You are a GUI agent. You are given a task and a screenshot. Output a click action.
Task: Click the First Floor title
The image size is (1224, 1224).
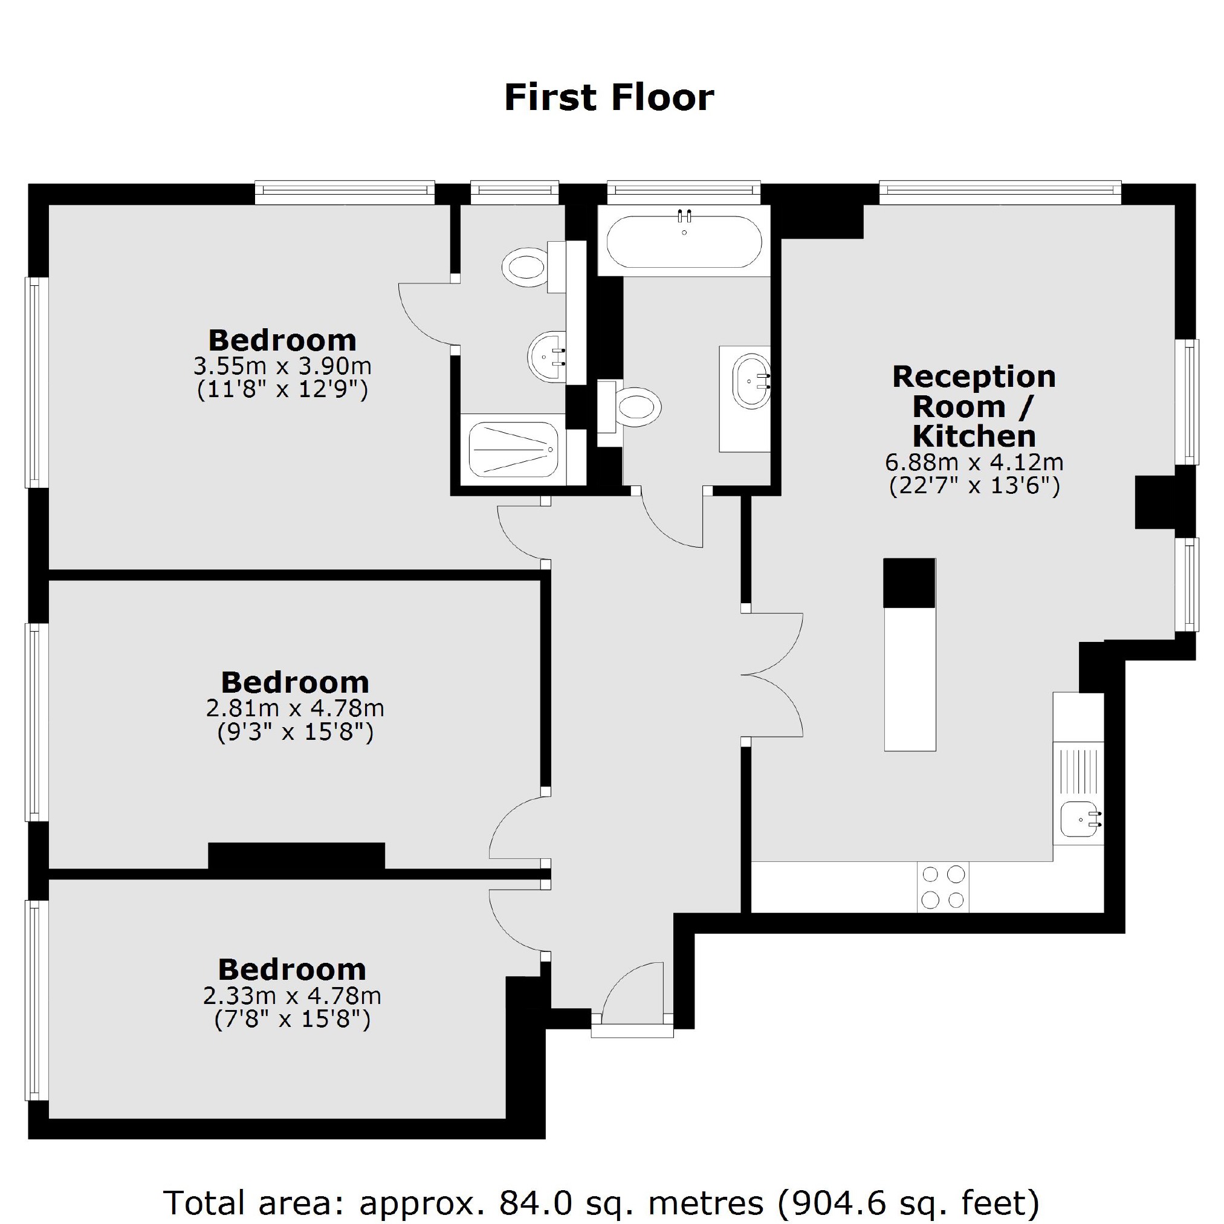[x=609, y=98]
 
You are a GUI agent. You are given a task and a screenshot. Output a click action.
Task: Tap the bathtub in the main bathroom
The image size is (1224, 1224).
[x=684, y=241]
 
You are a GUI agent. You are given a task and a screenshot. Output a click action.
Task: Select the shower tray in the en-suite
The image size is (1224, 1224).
[x=513, y=449]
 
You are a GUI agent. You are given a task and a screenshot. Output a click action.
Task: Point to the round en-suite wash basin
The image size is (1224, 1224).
[x=547, y=357]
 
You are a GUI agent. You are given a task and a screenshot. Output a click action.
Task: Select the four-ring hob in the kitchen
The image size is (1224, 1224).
[x=943, y=887]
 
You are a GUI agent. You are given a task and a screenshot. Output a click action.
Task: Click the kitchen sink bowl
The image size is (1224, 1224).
[x=1080, y=818]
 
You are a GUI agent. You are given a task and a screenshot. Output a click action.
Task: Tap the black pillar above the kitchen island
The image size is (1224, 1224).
[x=909, y=583]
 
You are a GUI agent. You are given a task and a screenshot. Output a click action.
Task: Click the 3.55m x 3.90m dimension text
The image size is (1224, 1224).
[x=282, y=366]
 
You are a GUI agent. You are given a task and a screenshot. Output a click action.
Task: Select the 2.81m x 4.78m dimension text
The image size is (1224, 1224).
[x=295, y=708]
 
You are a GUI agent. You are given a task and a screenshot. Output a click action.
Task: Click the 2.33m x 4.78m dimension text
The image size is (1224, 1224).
[x=292, y=996]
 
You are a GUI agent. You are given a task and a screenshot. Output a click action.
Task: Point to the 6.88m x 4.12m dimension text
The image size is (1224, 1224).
[x=974, y=462]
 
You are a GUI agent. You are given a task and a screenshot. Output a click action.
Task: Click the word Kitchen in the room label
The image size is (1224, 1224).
[x=974, y=436]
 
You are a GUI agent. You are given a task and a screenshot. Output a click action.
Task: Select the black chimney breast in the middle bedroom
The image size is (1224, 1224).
[x=296, y=855]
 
